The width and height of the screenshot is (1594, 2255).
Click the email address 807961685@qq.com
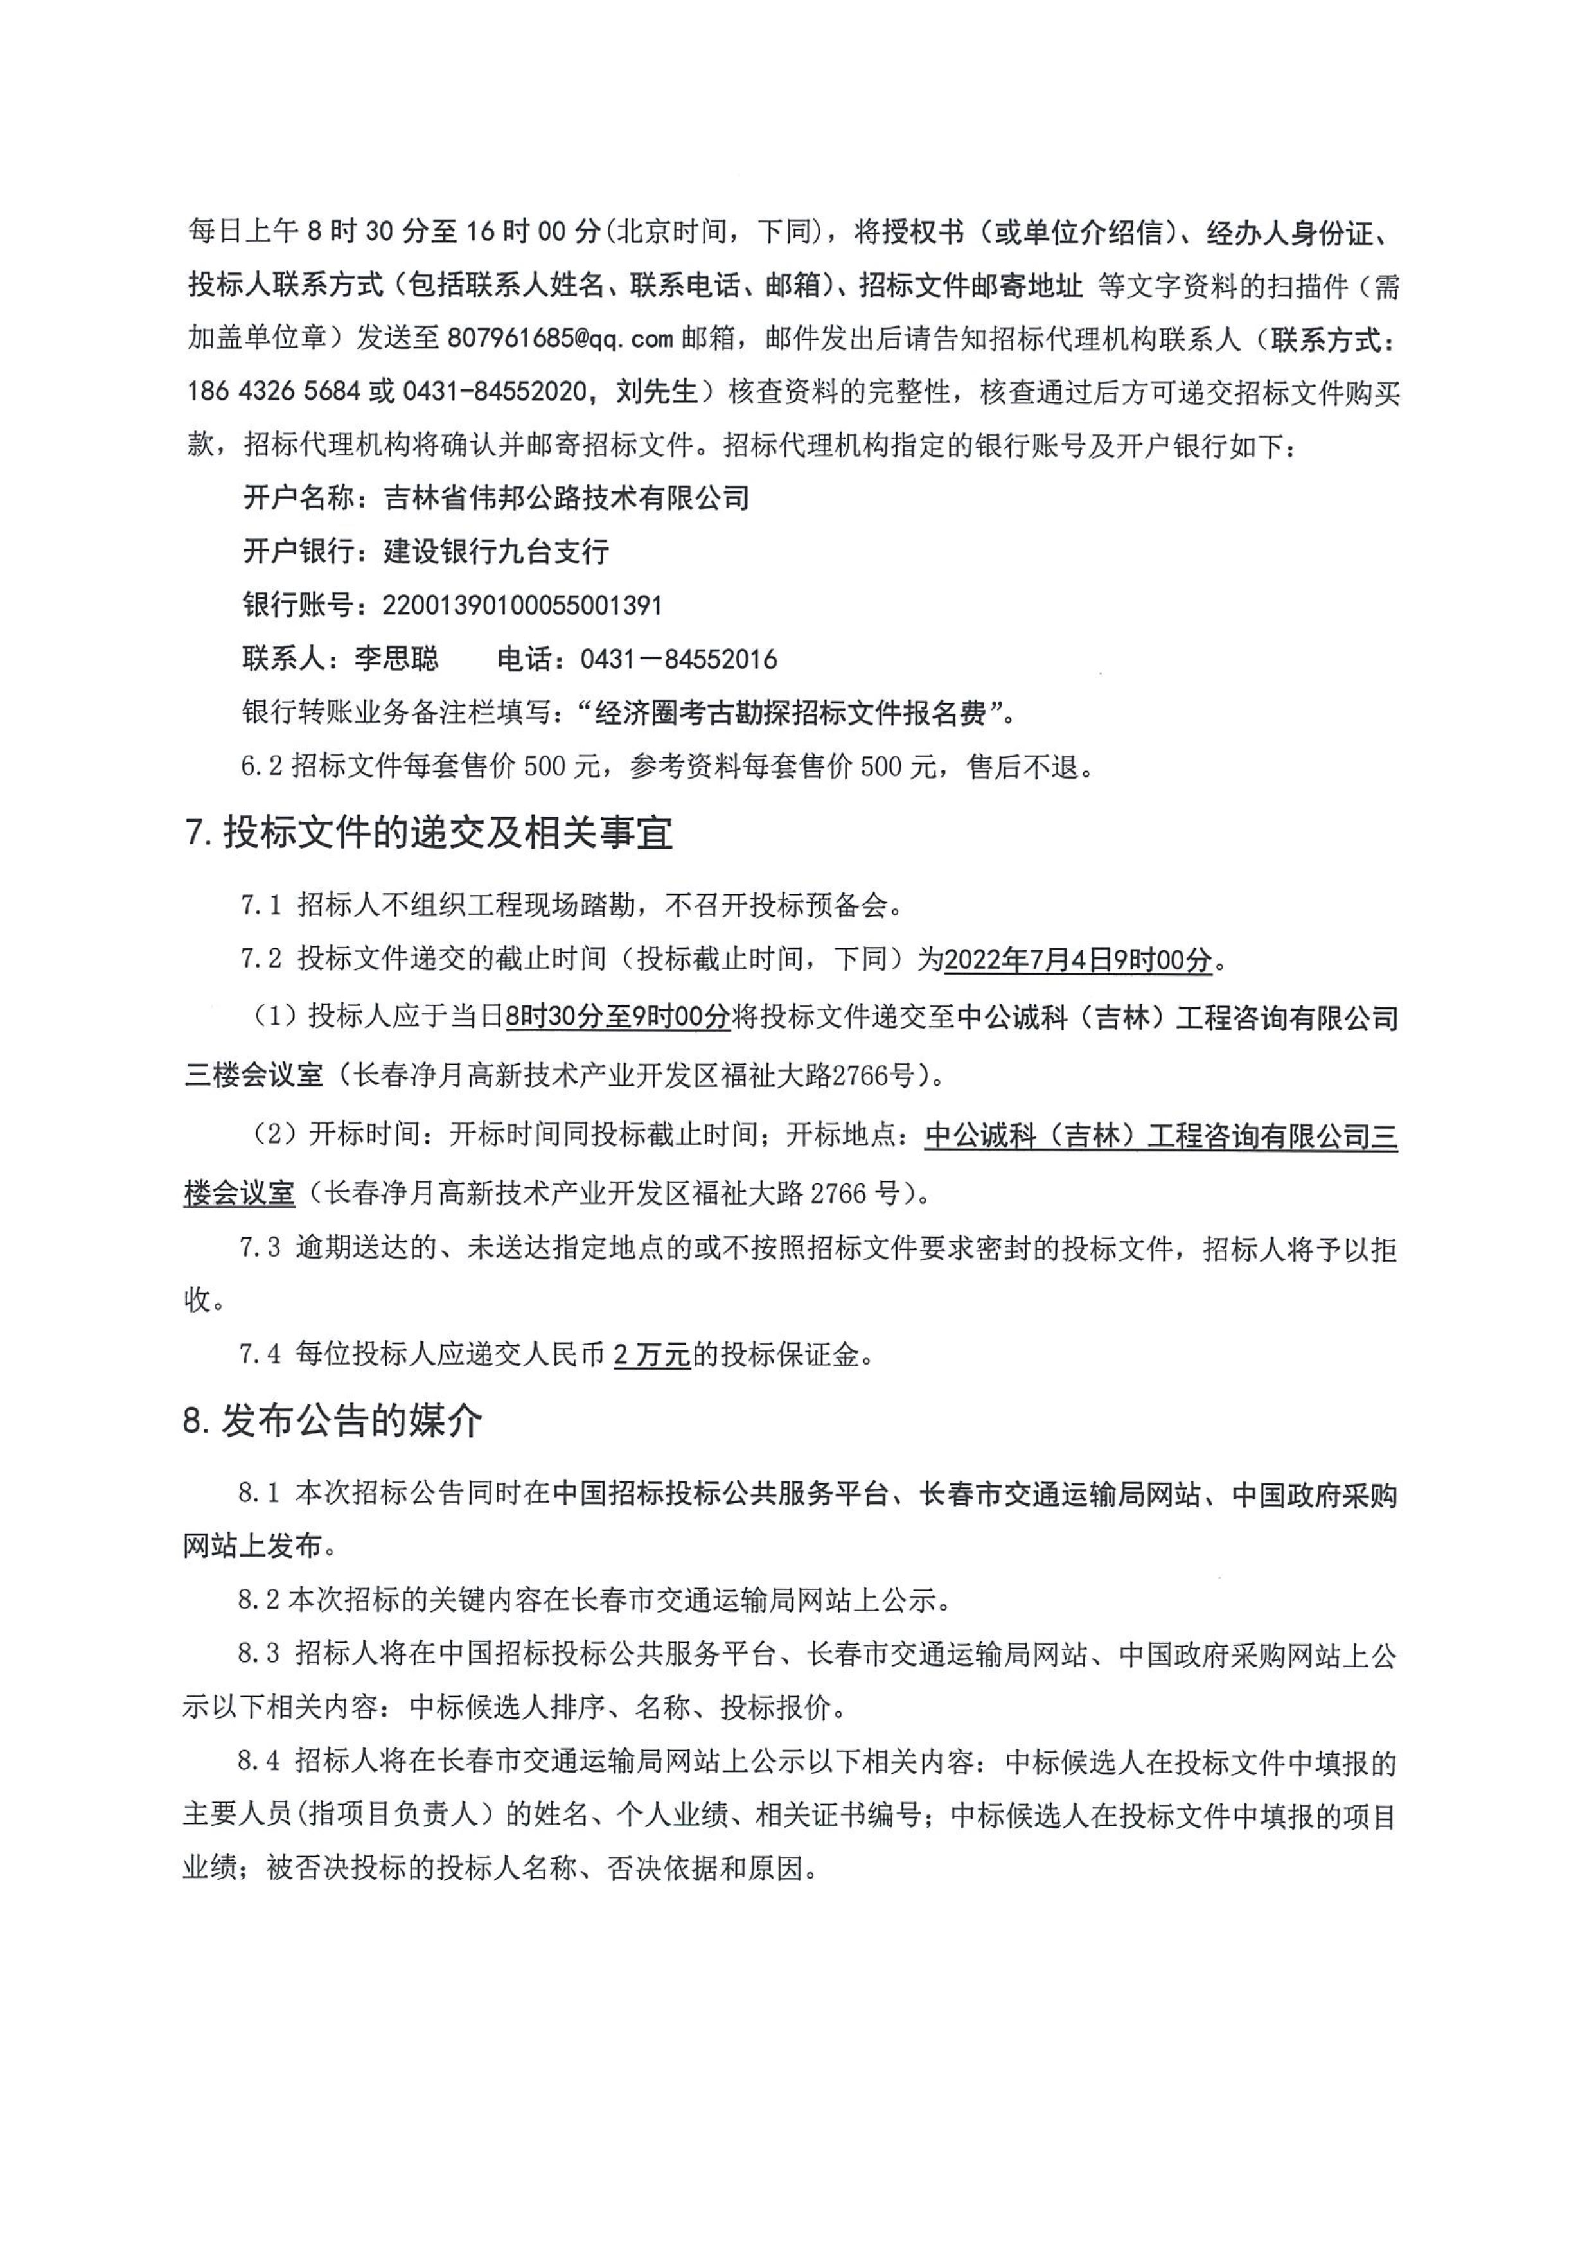pos(559,340)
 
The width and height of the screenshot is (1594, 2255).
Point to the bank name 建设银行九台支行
pos(496,552)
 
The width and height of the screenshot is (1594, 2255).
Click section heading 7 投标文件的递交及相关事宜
pos(429,834)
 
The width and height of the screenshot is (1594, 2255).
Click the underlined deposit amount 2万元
pos(652,1356)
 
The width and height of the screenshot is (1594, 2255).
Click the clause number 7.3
pos(260,1250)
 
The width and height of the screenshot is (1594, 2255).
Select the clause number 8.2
pos(260,1601)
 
